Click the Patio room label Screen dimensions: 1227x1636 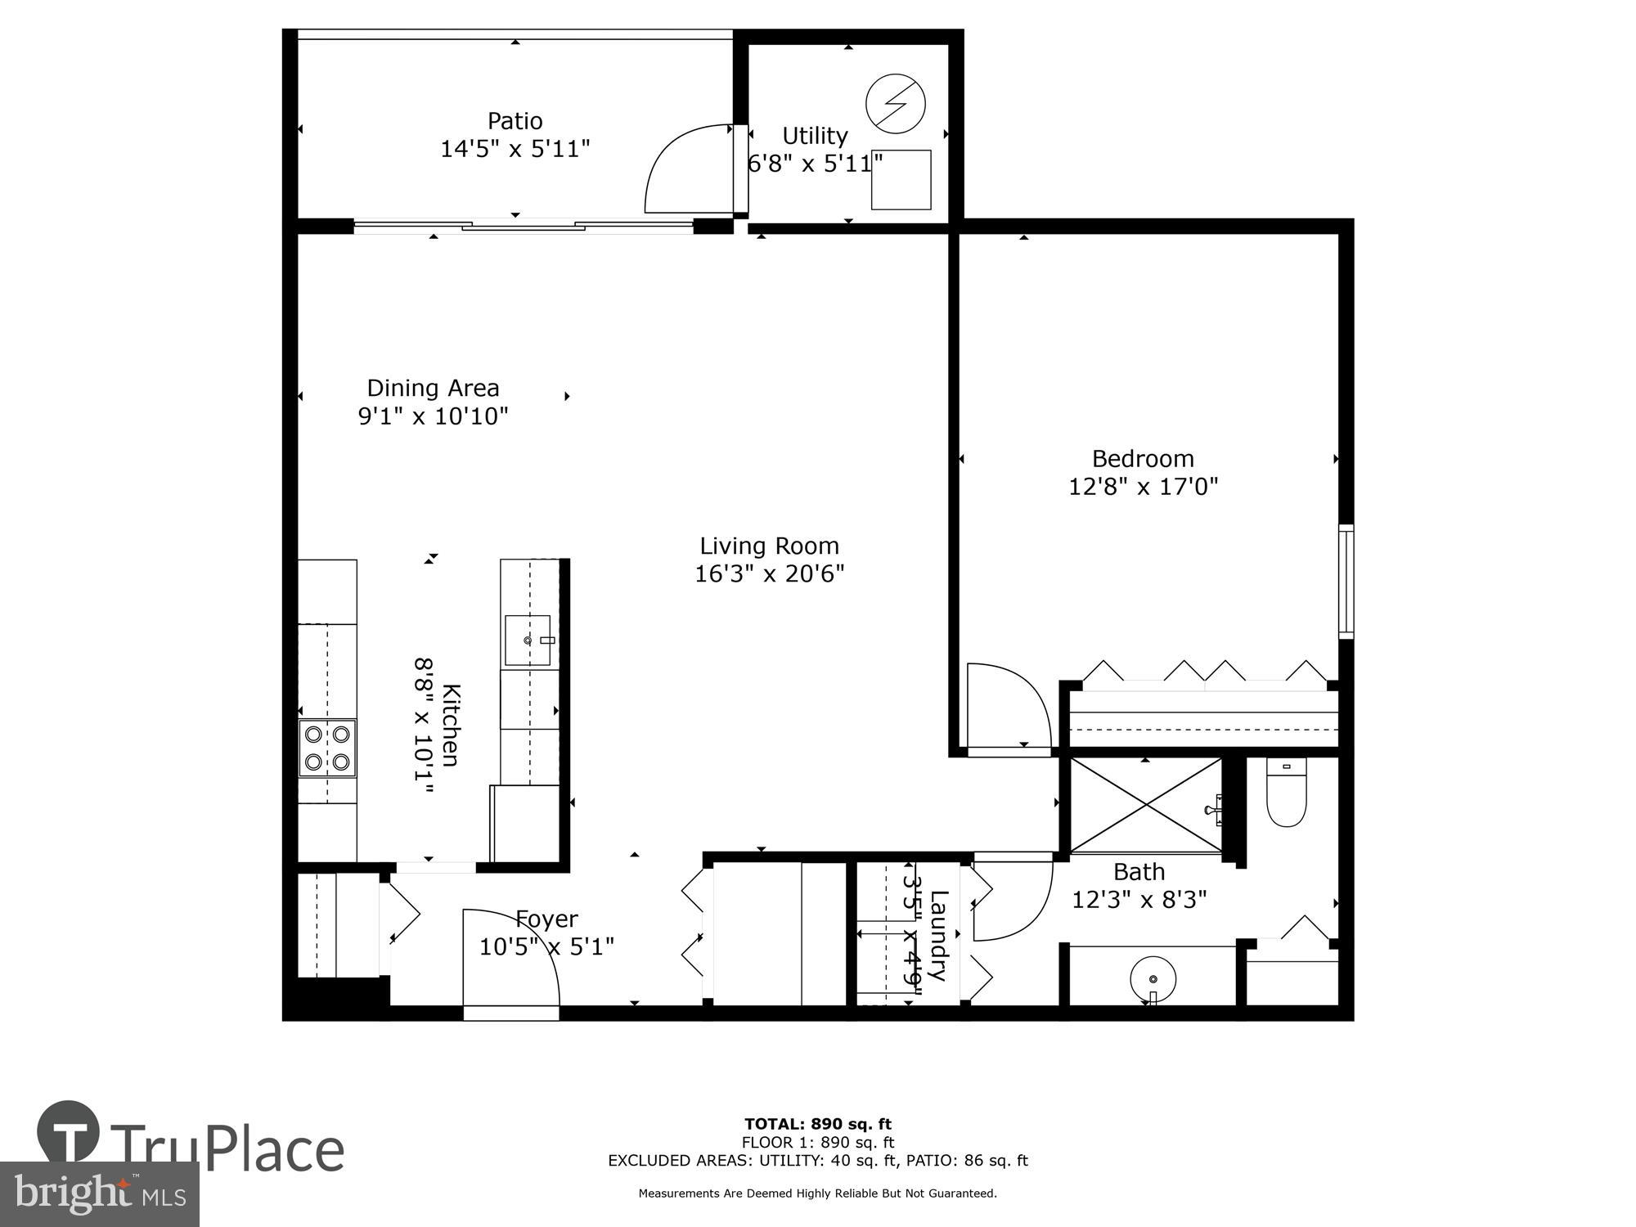coord(515,121)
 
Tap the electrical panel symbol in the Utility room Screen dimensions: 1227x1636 coord(895,103)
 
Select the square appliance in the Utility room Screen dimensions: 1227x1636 coord(901,180)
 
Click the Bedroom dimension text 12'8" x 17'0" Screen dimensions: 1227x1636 coord(1143,487)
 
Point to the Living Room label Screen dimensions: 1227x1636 coord(769,546)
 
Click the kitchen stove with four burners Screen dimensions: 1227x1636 coord(327,748)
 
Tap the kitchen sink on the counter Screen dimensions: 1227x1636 coord(528,640)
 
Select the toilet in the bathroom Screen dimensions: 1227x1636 coord(1286,792)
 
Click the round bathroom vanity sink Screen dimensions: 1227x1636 coord(1153,978)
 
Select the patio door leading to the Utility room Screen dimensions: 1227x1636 coord(689,168)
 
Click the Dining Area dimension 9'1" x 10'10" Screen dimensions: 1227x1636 coord(433,416)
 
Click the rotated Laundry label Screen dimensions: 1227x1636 coord(938,935)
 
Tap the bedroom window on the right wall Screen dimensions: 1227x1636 coord(1345,581)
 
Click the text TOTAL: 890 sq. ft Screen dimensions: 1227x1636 coord(817,1124)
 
